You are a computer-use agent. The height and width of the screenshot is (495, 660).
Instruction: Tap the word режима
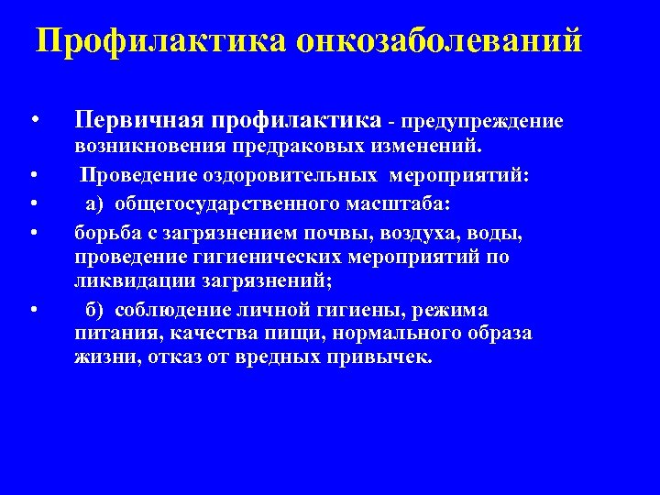click(453, 309)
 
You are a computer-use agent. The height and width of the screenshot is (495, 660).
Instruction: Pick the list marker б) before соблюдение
click(94, 309)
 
